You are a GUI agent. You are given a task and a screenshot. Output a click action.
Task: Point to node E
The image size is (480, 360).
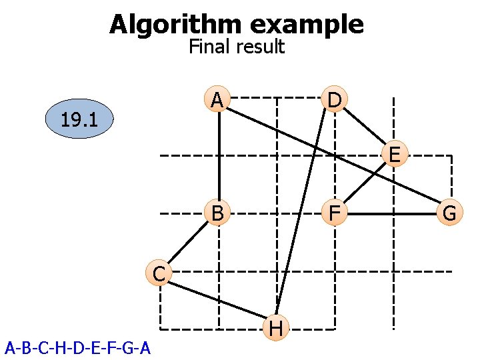coord(394,155)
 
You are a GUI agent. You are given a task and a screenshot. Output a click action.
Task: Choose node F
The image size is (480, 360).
coord(335,214)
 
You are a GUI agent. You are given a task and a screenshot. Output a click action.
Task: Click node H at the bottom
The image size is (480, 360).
coord(276,328)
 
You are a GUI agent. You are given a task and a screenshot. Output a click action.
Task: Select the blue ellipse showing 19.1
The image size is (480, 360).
coord(79,120)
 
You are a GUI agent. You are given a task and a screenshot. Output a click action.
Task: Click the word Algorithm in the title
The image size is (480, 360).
coord(176,25)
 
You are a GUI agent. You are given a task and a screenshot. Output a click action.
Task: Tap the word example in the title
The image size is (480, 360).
coord(307,25)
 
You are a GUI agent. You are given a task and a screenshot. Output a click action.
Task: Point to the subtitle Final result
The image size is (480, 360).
coord(237,47)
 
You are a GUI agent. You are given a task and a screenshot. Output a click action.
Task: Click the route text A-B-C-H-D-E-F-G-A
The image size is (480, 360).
coord(77,348)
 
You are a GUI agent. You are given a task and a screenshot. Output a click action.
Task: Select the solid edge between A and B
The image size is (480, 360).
coord(219,157)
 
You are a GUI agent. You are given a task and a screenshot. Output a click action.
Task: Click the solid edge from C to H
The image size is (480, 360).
coord(217,300)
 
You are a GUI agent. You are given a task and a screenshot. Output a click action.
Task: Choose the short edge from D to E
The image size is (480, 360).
coord(365,128)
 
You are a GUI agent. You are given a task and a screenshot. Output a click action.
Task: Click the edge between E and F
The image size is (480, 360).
coord(365,185)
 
